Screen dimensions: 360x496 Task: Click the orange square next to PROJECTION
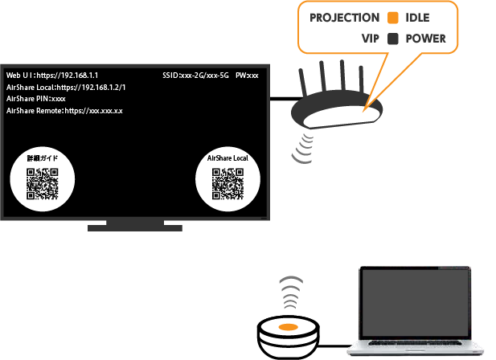tap(393, 18)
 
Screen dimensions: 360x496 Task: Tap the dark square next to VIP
tap(393, 38)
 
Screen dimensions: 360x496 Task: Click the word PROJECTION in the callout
tap(344, 18)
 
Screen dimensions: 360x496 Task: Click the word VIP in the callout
tap(371, 38)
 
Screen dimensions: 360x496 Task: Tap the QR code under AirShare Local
tap(228, 183)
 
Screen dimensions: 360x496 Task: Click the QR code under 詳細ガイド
tap(43, 184)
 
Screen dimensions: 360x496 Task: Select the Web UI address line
tap(51, 76)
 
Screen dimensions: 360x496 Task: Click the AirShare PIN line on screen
tap(35, 98)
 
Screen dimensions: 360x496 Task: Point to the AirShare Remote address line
tap(64, 110)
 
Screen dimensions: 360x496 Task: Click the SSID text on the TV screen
tap(195, 76)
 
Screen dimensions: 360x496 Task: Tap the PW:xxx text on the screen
tap(247, 76)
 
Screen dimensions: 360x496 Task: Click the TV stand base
tap(135, 227)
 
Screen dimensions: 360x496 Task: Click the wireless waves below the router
tap(304, 146)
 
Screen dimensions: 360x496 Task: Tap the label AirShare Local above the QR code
tap(228, 158)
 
